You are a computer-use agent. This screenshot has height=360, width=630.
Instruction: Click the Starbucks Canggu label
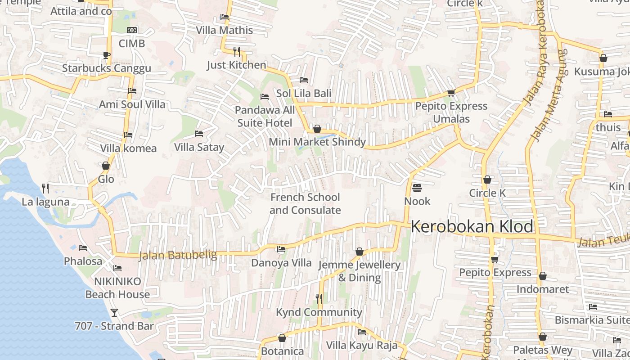pyautogui.click(x=107, y=68)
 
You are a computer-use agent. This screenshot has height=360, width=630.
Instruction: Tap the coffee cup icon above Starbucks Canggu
pyautogui.click(x=106, y=55)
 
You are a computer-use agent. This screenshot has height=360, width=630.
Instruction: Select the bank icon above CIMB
pyautogui.click(x=132, y=30)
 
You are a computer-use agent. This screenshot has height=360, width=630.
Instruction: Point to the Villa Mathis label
pyautogui.click(x=225, y=30)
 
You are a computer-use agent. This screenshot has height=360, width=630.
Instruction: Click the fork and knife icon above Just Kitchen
pyautogui.click(x=237, y=51)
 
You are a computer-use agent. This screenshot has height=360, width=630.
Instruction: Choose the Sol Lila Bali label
pyautogui.click(x=304, y=93)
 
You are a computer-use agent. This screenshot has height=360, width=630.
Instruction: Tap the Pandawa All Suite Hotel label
pyautogui.click(x=265, y=117)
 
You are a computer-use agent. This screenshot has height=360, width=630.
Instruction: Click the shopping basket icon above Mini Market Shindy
pyautogui.click(x=317, y=129)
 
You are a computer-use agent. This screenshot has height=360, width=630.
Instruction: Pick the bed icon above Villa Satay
pyautogui.click(x=199, y=134)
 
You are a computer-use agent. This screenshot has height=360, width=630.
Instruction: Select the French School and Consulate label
pyautogui.click(x=305, y=204)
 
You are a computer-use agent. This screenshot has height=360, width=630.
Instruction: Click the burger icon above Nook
pyautogui.click(x=417, y=188)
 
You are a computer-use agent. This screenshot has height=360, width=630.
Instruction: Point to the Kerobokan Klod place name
pyautogui.click(x=472, y=226)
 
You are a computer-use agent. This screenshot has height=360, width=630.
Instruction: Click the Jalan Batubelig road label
pyautogui.click(x=178, y=255)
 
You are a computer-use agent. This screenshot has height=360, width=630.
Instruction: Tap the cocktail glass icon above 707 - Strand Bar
pyautogui.click(x=114, y=312)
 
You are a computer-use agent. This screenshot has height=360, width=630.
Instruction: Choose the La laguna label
pyautogui.click(x=46, y=201)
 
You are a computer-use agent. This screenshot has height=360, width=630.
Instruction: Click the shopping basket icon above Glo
pyautogui.click(x=106, y=166)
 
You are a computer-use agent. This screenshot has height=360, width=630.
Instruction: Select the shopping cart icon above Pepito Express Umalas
pyautogui.click(x=451, y=93)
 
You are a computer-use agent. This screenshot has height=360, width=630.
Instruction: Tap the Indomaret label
pyautogui.click(x=543, y=289)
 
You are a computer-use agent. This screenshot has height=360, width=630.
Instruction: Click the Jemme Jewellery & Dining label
pyautogui.click(x=359, y=271)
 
